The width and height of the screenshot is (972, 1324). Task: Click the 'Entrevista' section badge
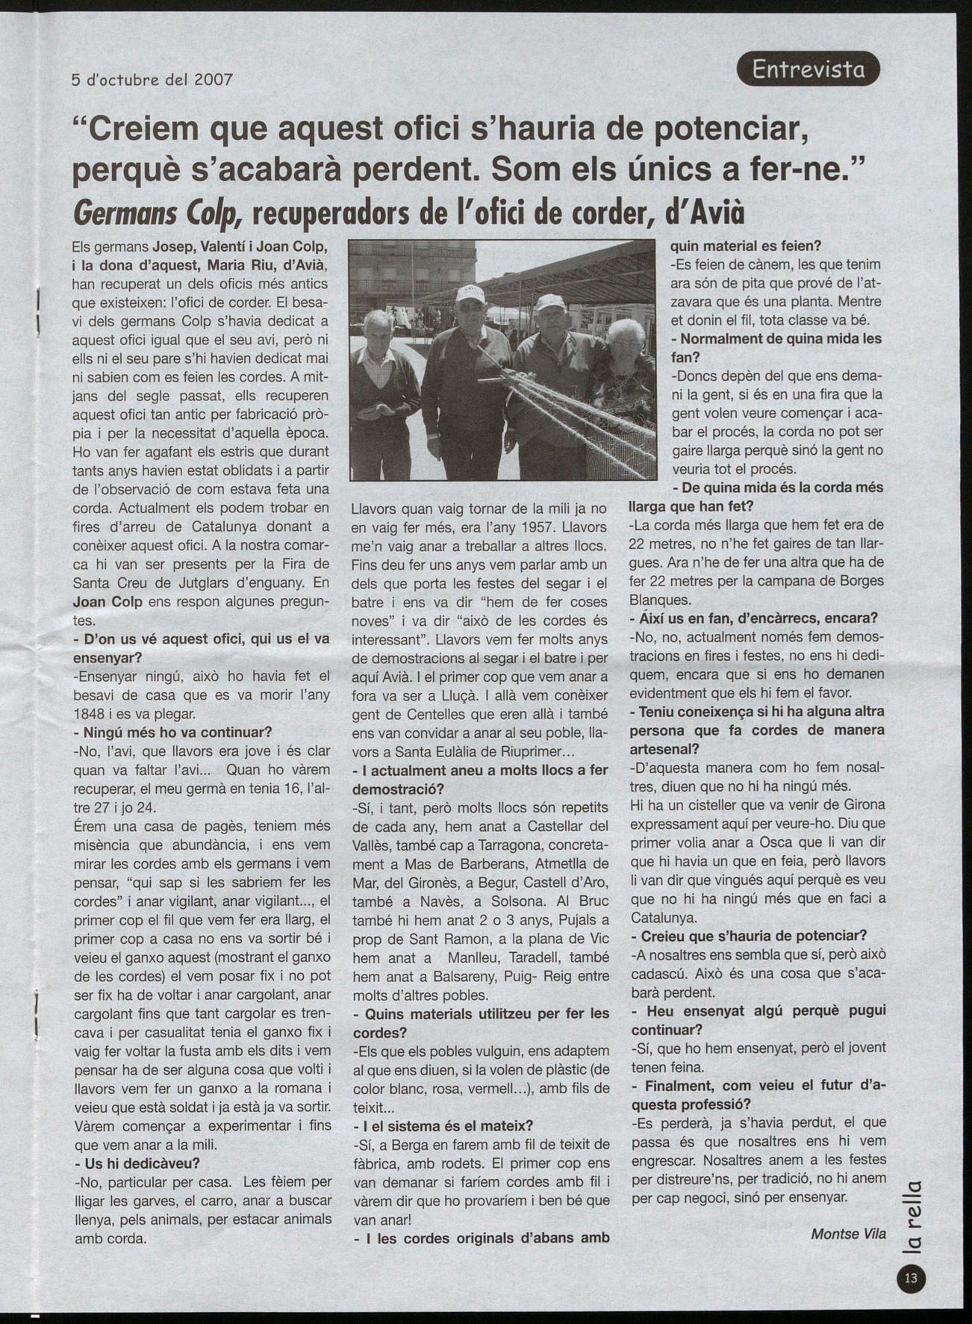point(808,69)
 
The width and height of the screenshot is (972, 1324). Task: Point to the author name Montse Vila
point(848,1234)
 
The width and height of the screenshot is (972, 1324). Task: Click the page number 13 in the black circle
point(911,1278)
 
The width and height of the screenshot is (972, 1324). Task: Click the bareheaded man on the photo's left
point(383,373)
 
